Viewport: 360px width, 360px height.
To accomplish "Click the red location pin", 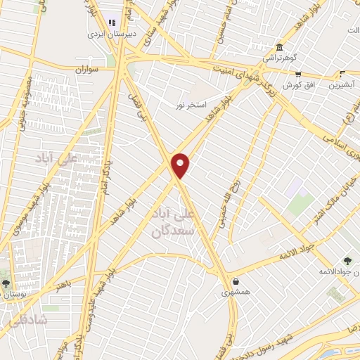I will (181, 164).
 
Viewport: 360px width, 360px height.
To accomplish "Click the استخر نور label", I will (191, 105).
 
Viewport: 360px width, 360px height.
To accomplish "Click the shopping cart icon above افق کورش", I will (298, 74).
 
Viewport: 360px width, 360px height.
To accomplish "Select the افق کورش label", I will (297, 85).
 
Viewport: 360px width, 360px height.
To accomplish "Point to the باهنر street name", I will (64, 283).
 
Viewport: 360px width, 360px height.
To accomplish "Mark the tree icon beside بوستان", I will (6, 284).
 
